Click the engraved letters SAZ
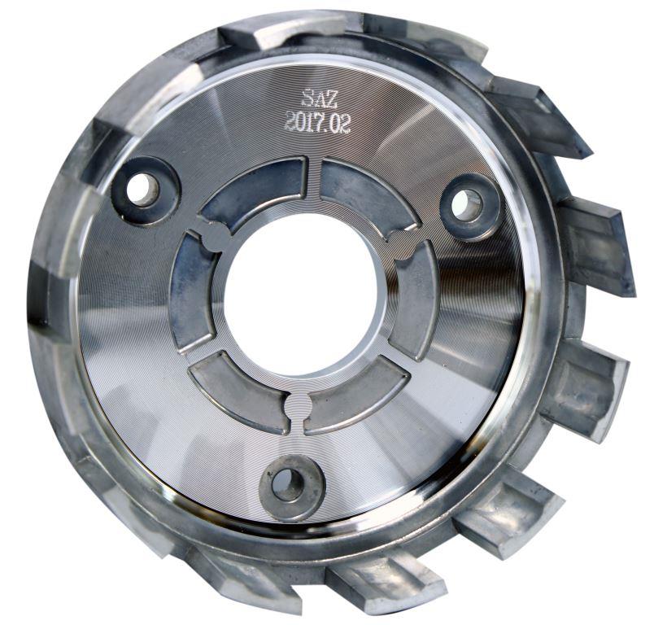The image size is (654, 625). tap(315, 98)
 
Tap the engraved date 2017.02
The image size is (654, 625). tap(317, 122)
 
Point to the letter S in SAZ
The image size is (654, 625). tap(307, 98)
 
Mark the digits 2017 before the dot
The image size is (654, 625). tap(302, 122)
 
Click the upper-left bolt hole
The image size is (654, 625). tap(144, 193)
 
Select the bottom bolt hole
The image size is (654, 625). tap(288, 483)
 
